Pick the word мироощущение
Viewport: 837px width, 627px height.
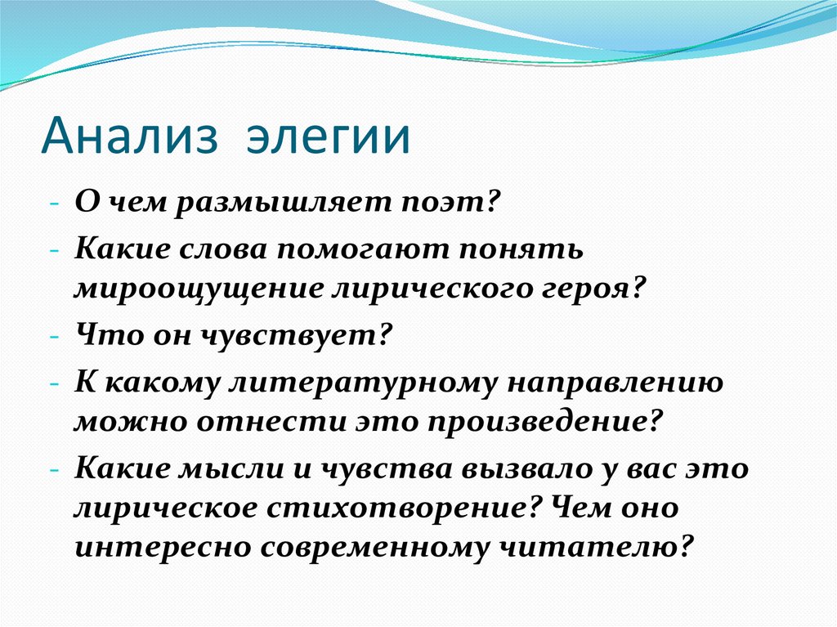pos(198,289)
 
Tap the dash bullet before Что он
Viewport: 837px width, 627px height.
pos(53,335)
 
